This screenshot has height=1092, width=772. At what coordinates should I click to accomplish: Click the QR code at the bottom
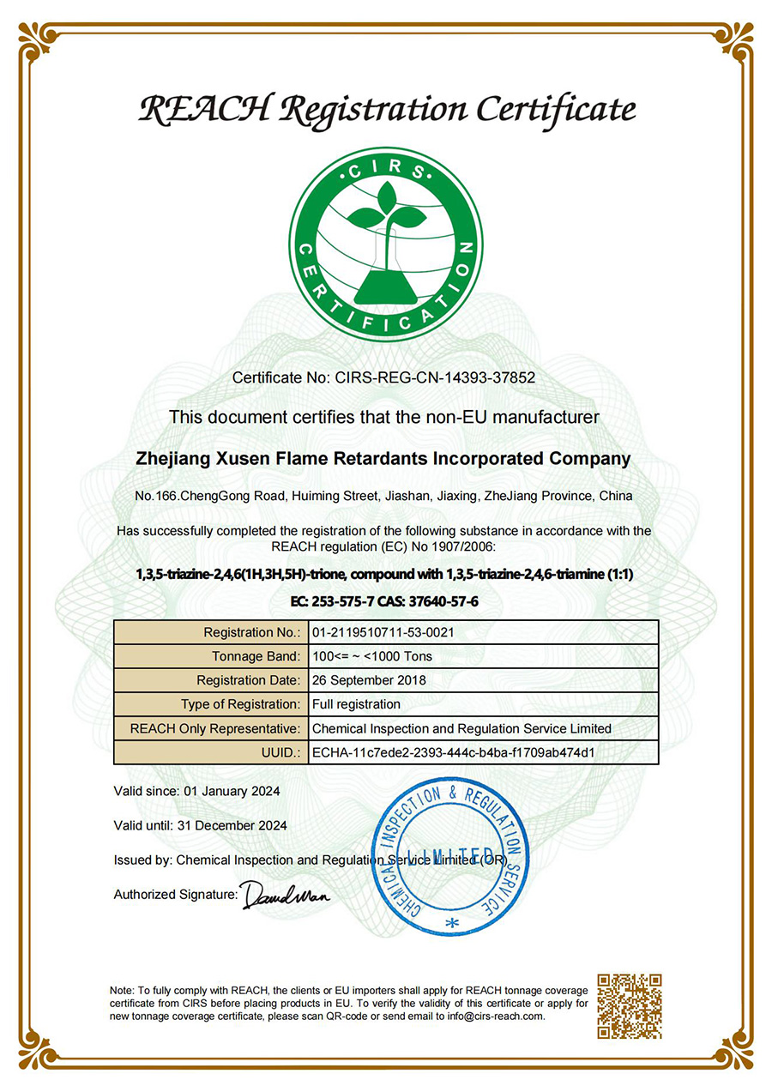pos(629,1005)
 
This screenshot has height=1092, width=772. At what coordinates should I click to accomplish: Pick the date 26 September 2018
pos(369,680)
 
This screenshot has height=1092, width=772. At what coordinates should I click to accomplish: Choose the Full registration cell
pos(356,704)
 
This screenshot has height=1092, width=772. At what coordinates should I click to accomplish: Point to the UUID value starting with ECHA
pos(454,752)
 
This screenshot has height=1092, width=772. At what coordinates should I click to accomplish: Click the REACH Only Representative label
pos(214,728)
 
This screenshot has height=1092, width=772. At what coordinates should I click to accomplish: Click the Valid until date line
pos(201,825)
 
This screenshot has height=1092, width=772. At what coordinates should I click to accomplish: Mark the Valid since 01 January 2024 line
pos(197,791)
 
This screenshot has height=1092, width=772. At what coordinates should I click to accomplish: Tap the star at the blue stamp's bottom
pos(453,923)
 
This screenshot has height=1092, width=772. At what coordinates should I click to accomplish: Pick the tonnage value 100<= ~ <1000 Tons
pos(372,656)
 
